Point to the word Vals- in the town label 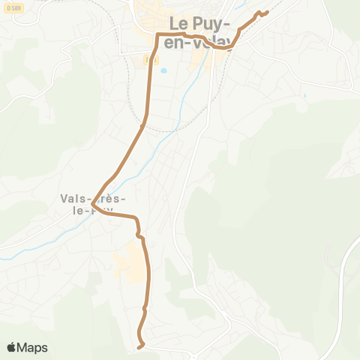(73, 199)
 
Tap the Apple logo (12, 347)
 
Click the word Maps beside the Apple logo (33, 347)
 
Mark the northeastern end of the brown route (267, 13)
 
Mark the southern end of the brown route (140, 346)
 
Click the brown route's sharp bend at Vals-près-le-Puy (92, 205)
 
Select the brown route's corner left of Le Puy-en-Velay (158, 35)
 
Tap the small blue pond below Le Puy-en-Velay (162, 73)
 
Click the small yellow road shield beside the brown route (146, 58)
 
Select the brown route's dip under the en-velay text (221, 47)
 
